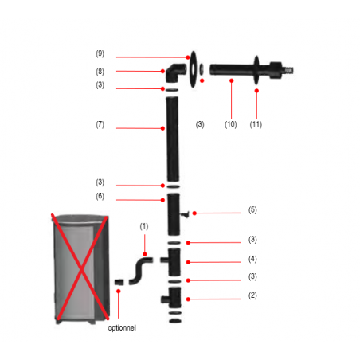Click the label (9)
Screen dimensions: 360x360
click(100, 54)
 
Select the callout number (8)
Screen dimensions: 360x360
click(100, 71)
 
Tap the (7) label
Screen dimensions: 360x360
click(100, 125)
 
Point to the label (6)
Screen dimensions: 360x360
click(100, 197)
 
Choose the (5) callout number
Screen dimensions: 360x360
click(252, 211)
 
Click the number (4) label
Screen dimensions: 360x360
click(252, 260)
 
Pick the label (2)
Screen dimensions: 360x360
click(252, 296)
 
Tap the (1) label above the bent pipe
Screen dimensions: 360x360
click(143, 227)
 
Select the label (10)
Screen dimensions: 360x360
click(231, 124)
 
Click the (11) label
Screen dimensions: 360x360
click(257, 124)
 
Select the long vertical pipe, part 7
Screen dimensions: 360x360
click(171, 135)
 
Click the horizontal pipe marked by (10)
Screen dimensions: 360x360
click(231, 70)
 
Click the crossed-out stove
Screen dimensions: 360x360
click(79, 267)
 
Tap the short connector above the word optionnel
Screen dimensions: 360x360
click(120, 281)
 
